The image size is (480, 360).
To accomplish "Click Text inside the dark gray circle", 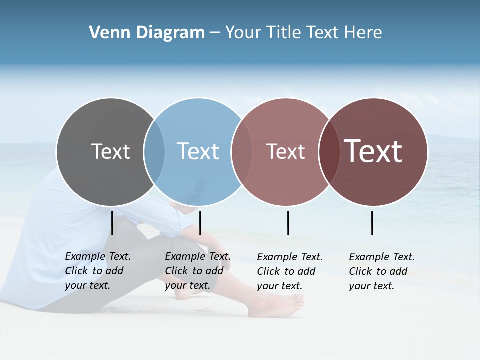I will click(x=110, y=151).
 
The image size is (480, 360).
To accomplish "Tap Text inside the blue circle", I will click(x=198, y=151).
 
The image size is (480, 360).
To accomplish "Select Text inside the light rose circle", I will click(x=285, y=151).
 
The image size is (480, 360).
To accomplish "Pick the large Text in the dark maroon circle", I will click(x=373, y=151).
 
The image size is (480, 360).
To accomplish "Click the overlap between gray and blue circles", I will click(x=154, y=152).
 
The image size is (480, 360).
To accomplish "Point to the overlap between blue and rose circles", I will click(x=242, y=152).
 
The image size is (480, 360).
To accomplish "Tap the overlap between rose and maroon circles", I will click(x=329, y=152).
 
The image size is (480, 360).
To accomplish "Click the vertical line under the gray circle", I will click(x=112, y=223).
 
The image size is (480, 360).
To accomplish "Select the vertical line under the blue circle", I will click(x=200, y=223).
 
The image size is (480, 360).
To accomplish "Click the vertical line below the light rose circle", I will click(x=288, y=223).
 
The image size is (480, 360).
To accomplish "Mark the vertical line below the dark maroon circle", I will click(x=372, y=223).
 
